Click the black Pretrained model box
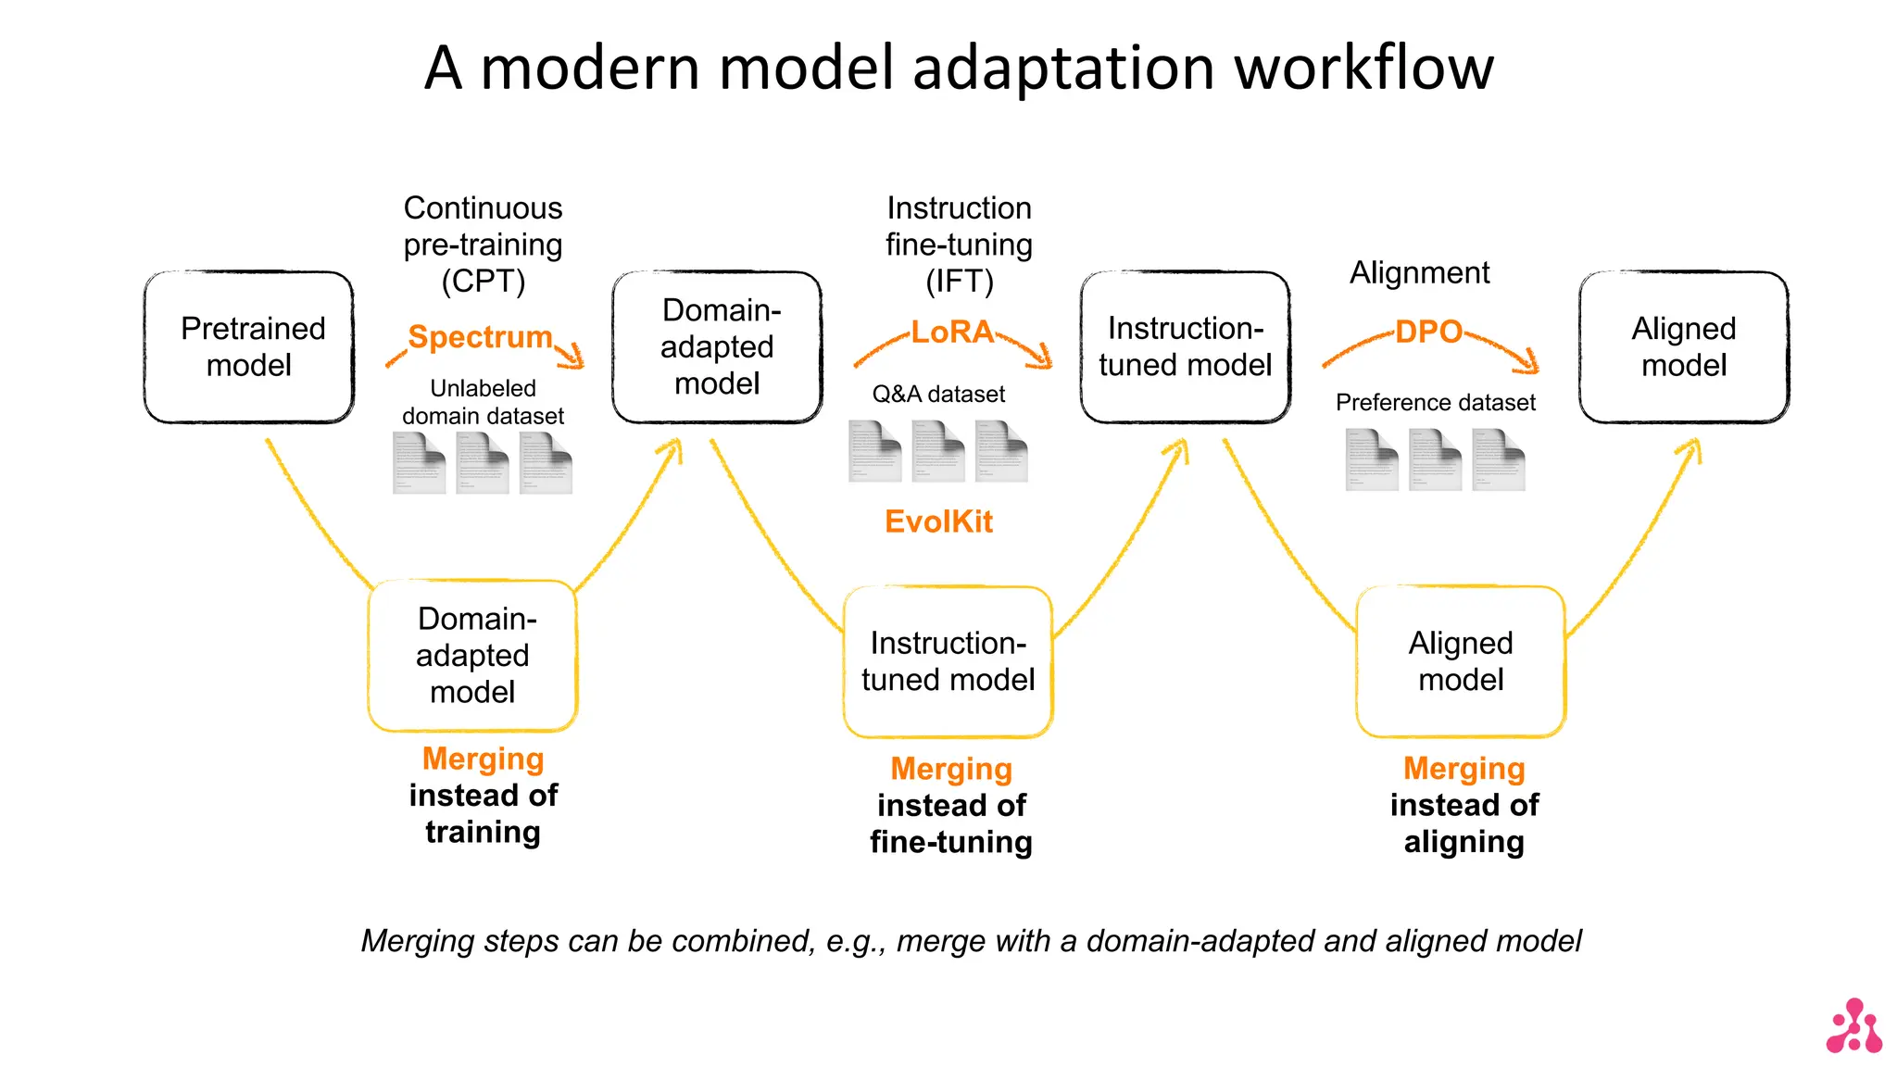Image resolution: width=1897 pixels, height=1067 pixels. pyautogui.click(x=249, y=346)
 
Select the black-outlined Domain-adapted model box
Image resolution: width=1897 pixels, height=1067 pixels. pyautogui.click(x=717, y=346)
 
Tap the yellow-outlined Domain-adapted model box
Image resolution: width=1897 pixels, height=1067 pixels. pyautogui.click(x=472, y=655)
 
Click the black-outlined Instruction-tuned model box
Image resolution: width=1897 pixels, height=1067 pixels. pyautogui.click(x=1185, y=346)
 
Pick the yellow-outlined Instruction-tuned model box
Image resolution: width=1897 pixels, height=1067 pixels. pyautogui.click(x=948, y=661)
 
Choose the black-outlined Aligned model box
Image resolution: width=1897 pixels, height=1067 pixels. pyautogui.click(x=1683, y=346)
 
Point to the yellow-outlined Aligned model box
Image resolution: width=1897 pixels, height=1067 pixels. pyautogui.click(x=1461, y=661)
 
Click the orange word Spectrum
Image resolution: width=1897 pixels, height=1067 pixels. pyautogui.click(x=480, y=336)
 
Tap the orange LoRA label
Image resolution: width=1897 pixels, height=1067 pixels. pyautogui.click(x=951, y=332)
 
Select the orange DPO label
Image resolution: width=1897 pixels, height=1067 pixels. pyautogui.click(x=1428, y=332)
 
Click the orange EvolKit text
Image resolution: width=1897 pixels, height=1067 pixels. pyautogui.click(x=938, y=521)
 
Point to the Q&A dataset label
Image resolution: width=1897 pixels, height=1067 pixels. pyautogui.click(x=938, y=395)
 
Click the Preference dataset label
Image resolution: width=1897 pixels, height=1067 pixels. pyautogui.click(x=1435, y=403)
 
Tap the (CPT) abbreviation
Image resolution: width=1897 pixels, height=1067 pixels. pyautogui.click(x=483, y=281)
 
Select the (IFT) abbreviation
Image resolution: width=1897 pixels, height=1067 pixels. pyautogui.click(x=959, y=281)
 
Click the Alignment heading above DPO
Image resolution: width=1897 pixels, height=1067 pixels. pyautogui.click(x=1419, y=273)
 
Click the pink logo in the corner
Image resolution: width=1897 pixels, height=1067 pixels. pyautogui.click(x=1853, y=1026)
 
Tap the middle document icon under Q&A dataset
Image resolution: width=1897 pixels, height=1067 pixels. pyautogui.click(x=937, y=451)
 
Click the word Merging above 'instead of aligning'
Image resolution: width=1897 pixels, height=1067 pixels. pyautogui.click(x=1464, y=769)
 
